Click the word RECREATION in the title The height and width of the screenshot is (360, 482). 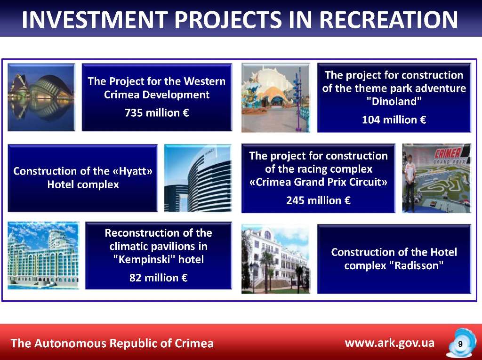tap(388, 19)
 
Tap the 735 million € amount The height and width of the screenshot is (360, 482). tap(157, 113)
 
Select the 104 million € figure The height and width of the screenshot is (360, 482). tap(394, 120)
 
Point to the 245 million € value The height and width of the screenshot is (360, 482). tap(318, 200)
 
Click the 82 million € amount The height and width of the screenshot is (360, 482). tap(158, 278)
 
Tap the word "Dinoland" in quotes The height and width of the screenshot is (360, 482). tap(394, 101)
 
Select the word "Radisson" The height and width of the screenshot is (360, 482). tap(416, 265)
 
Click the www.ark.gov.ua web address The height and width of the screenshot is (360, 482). tap(389, 343)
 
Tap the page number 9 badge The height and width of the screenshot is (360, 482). tap(460, 344)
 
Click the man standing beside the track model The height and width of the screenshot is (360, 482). tap(410, 184)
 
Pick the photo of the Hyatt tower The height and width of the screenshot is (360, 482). tap(198, 178)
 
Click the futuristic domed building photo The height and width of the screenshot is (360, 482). tap(41, 97)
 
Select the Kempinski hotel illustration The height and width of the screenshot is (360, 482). tap(43, 256)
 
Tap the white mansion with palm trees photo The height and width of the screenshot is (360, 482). tap(276, 259)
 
